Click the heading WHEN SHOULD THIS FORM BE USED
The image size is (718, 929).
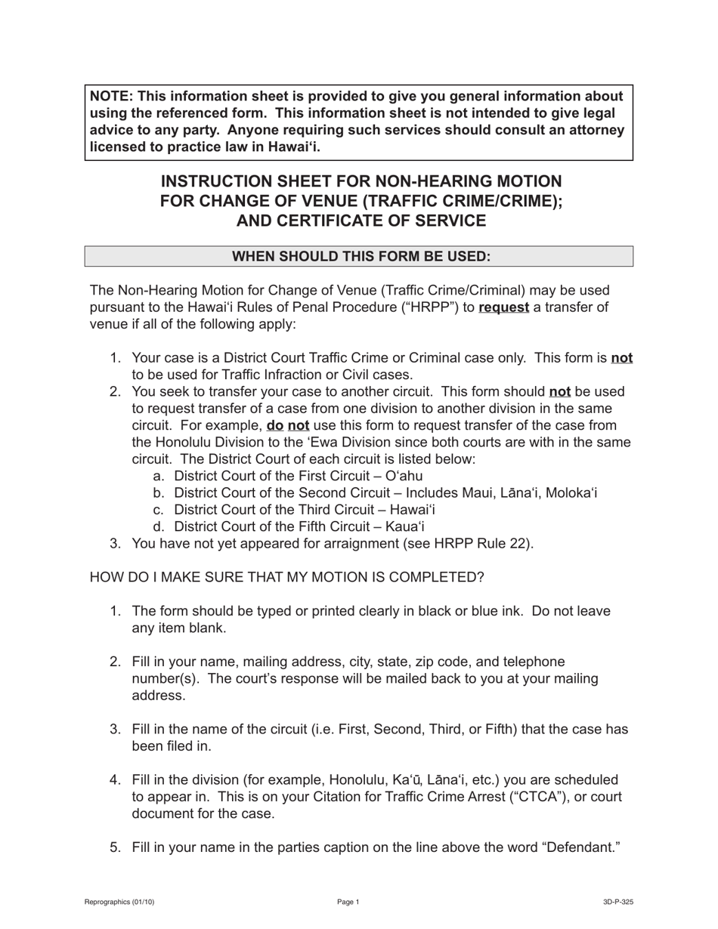pyautogui.click(x=361, y=256)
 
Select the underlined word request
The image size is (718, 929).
pyautogui.click(x=503, y=307)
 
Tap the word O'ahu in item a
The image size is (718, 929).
pyautogui.click(x=404, y=476)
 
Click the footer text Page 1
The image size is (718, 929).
pyautogui.click(x=348, y=902)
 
